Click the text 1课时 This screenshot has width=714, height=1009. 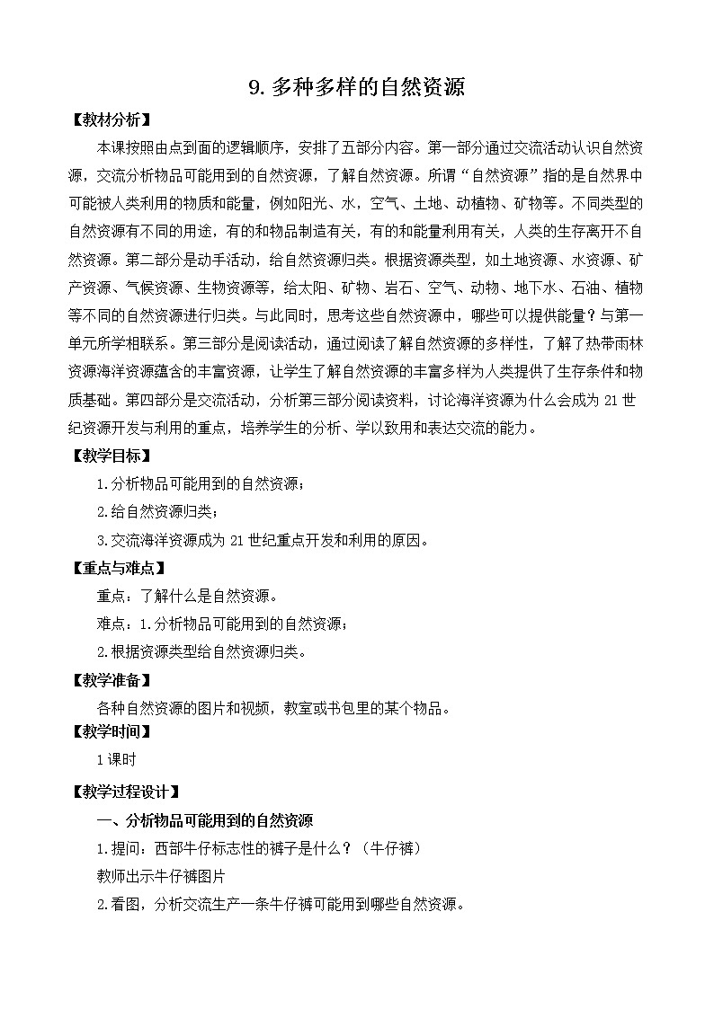coord(116,760)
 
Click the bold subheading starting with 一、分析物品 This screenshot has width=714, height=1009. coord(205,820)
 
